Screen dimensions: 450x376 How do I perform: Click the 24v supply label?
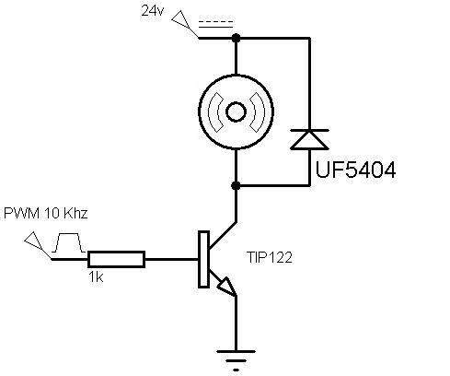click(153, 11)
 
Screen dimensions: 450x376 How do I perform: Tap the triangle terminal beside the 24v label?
click(179, 18)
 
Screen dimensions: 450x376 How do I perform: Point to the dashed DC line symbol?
click(215, 25)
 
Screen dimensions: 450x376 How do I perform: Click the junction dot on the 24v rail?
click(236, 38)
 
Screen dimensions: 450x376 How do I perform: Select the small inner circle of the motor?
click(236, 112)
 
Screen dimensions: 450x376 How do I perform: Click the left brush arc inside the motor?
click(215, 112)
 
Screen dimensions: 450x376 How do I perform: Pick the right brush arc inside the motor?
click(257, 112)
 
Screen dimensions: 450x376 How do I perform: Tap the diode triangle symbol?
click(309, 140)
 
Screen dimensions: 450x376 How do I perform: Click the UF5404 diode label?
click(356, 170)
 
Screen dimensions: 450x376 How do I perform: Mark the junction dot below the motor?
click(236, 185)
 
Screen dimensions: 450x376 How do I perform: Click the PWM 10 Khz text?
click(46, 213)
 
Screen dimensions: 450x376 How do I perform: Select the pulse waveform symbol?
click(69, 242)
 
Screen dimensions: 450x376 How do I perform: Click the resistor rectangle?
click(116, 259)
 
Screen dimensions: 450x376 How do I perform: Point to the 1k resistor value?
click(96, 277)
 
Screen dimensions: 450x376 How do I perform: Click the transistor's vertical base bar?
click(203, 259)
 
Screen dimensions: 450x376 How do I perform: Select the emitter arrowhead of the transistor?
click(227, 286)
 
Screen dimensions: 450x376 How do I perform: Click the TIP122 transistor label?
click(270, 257)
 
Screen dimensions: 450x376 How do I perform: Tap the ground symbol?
click(236, 360)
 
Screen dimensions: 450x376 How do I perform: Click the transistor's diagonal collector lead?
click(223, 235)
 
